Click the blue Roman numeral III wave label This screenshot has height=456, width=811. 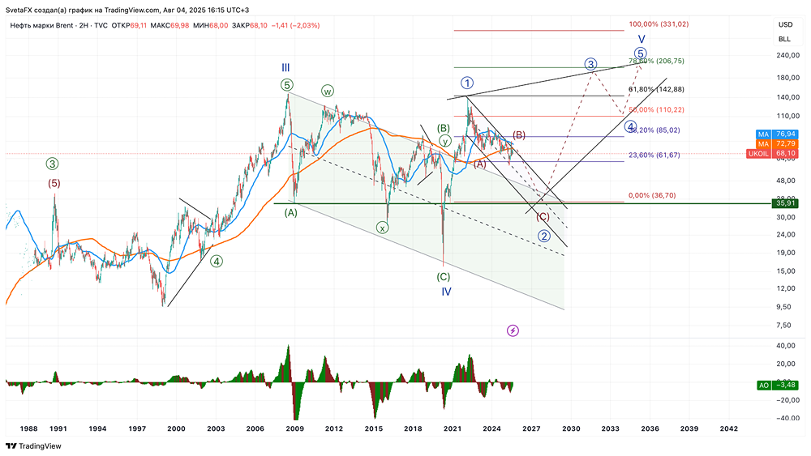285,68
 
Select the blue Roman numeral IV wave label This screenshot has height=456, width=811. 446,291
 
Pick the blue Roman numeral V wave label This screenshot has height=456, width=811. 642,39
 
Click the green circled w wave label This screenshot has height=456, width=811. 328,91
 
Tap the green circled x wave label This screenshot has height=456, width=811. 382,228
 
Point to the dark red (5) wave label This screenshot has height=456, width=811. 54,183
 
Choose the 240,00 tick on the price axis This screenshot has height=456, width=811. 784,55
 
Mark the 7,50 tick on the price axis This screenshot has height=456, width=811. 784,326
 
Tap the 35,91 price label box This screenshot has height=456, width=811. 784,202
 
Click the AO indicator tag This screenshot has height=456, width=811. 762,386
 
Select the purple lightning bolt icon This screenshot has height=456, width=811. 513,330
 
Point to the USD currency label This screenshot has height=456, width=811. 784,25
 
